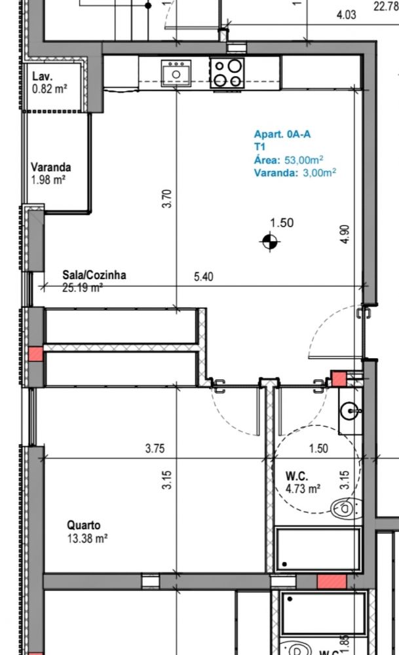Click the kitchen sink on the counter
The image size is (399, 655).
[x=176, y=73]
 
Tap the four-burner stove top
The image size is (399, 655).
[x=227, y=73]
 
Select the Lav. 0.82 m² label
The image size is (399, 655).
[x=50, y=83]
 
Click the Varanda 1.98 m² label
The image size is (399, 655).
[x=51, y=174]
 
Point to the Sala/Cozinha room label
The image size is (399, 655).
[x=94, y=275]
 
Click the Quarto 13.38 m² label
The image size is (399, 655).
[x=87, y=531]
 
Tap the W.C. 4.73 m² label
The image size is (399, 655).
[x=303, y=482]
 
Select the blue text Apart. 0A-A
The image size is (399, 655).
[x=282, y=134]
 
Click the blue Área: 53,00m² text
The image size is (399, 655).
[x=289, y=160]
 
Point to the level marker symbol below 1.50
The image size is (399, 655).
[x=269, y=242]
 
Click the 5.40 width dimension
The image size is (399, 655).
[x=204, y=276]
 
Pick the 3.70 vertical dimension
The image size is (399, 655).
[x=166, y=199]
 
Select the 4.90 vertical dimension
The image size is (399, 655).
[x=345, y=234]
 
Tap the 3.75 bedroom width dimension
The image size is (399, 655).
[x=155, y=449]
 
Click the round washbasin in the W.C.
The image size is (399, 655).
[x=349, y=412]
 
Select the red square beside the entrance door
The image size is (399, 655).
[x=339, y=379]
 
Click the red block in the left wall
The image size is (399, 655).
[x=36, y=354]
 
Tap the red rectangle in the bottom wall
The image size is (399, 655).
[x=332, y=582]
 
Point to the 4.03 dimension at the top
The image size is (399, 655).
[x=347, y=15]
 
